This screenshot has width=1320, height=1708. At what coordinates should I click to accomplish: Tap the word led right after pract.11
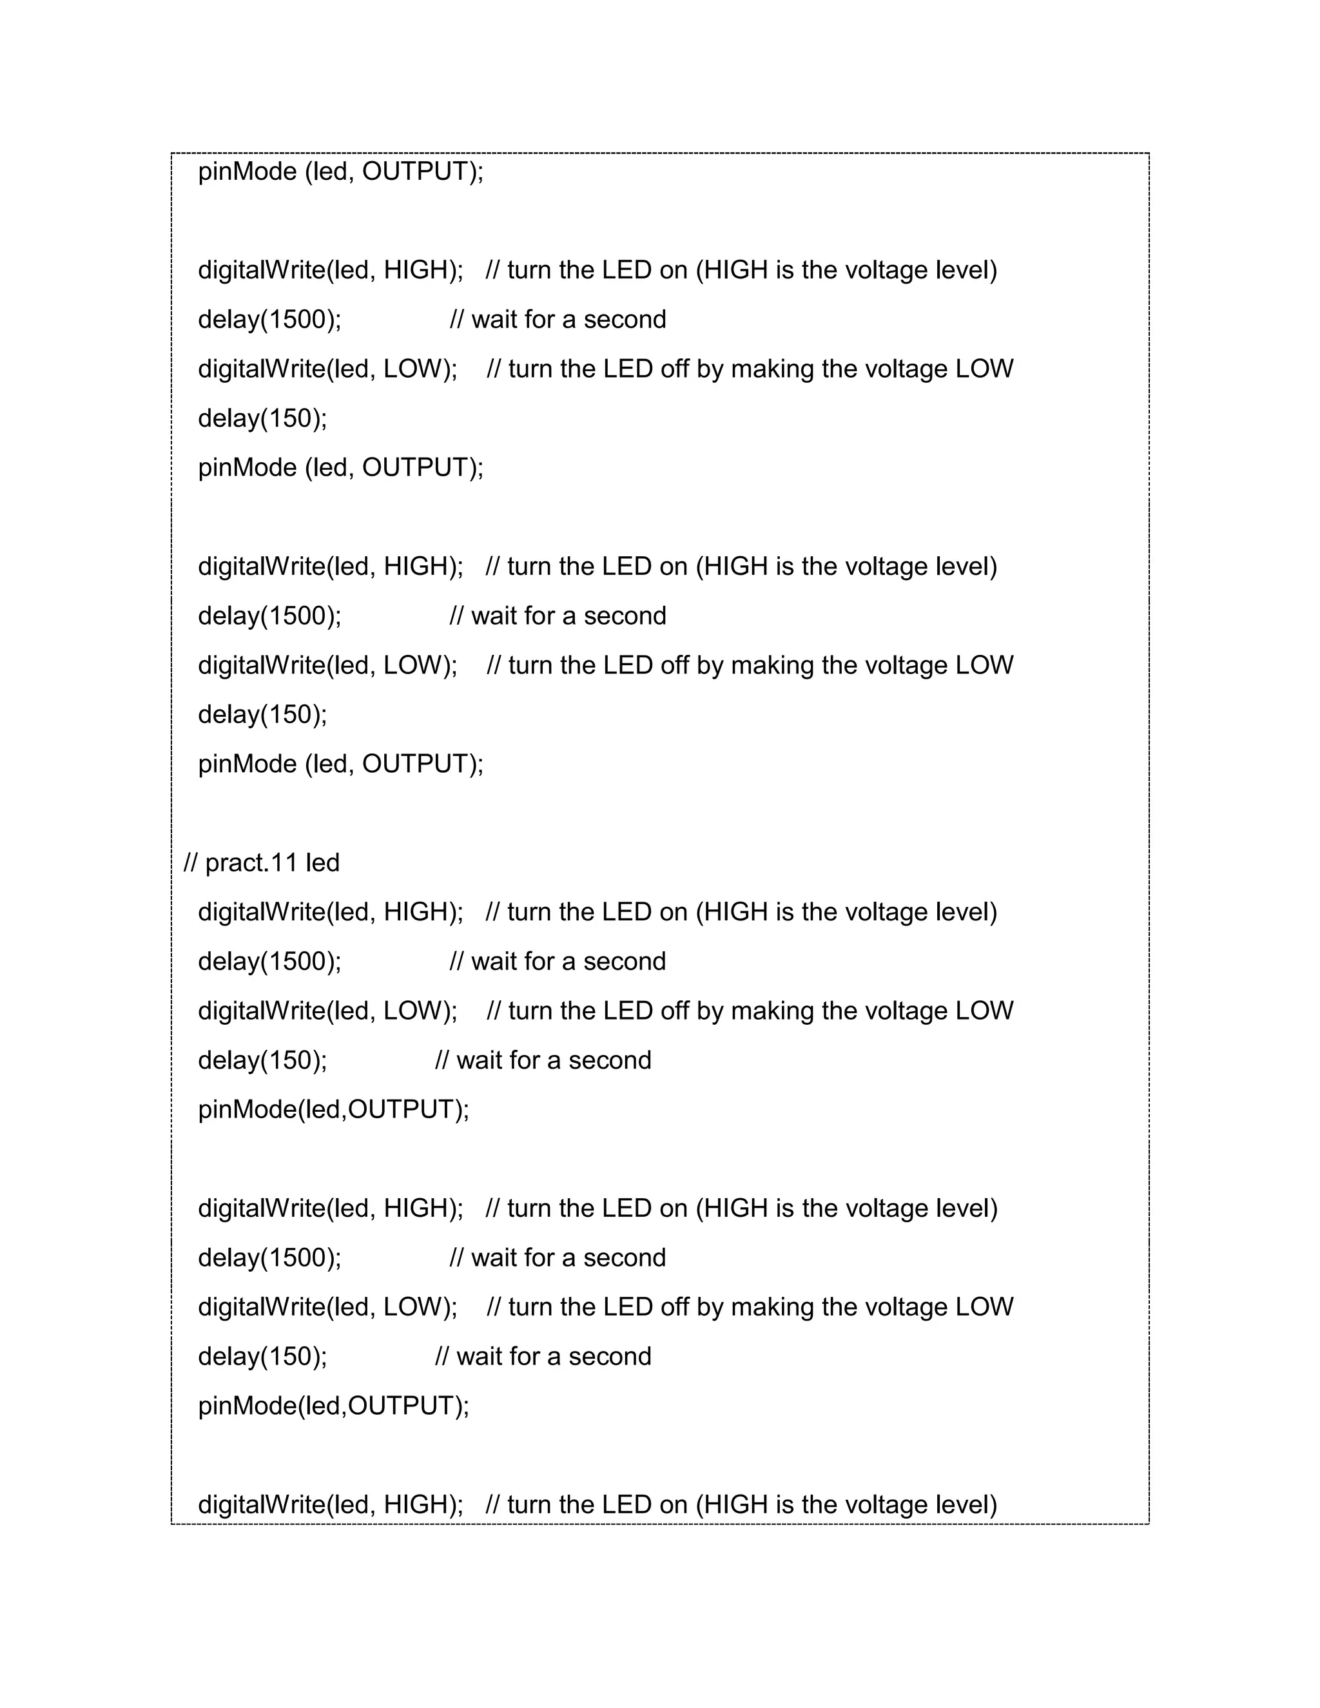322,862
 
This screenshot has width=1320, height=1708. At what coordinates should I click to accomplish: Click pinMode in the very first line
247,171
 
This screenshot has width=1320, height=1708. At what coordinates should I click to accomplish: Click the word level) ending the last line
967,1504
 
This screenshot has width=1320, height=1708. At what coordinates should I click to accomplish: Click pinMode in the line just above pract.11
247,763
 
